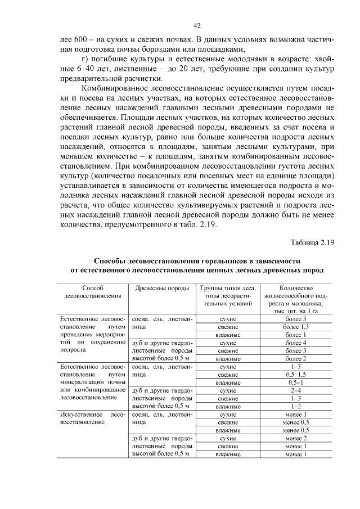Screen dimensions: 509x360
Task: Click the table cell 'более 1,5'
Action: coord(295,326)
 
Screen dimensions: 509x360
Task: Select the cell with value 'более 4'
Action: coord(295,342)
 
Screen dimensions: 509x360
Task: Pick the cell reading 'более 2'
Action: coord(295,358)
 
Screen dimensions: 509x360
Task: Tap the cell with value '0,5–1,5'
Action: coord(295,373)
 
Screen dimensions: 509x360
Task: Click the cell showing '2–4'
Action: coord(295,389)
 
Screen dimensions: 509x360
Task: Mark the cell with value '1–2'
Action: coord(295,405)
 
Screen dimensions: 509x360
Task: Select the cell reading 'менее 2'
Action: coord(295,438)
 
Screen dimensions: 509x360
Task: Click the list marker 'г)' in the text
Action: coord(85,60)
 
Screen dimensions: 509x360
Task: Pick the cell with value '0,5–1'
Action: coord(295,382)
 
